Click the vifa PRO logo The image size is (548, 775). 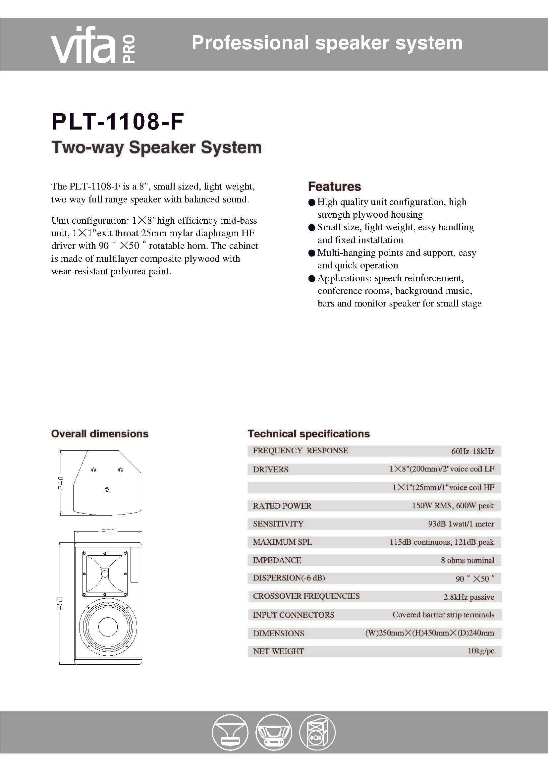pyautogui.click(x=93, y=45)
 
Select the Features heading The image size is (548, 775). pyautogui.click(x=334, y=186)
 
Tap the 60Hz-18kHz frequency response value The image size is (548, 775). pyautogui.click(x=472, y=451)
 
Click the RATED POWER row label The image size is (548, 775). pyautogui.click(x=282, y=506)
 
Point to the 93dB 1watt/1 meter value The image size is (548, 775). pyautogui.click(x=461, y=524)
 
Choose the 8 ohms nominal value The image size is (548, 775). pyautogui.click(x=467, y=560)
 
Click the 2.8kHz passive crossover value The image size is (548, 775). pyautogui.click(x=468, y=597)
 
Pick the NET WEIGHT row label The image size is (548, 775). pyautogui.click(x=278, y=651)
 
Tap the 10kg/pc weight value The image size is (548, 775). pyautogui.click(x=480, y=651)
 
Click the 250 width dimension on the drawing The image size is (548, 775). pyautogui.click(x=108, y=531)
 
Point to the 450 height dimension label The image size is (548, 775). pyautogui.click(x=60, y=603)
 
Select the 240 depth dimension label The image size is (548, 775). pyautogui.click(x=61, y=483)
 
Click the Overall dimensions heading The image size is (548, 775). pyautogui.click(x=99, y=434)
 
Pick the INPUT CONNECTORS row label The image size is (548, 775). pyautogui.click(x=293, y=615)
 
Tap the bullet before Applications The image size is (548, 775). pyautogui.click(x=311, y=279)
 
